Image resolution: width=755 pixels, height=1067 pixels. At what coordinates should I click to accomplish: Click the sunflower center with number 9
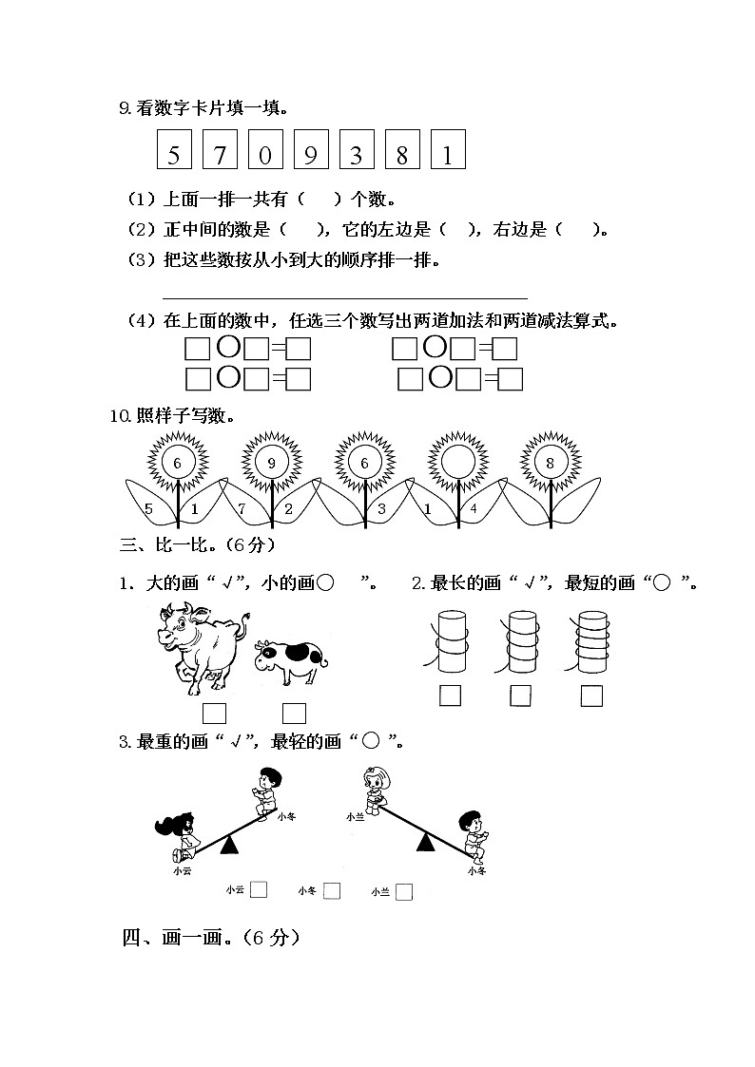272,463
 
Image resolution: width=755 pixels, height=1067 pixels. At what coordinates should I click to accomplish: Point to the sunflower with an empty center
456,463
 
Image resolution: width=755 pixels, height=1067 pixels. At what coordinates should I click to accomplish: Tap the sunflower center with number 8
550,463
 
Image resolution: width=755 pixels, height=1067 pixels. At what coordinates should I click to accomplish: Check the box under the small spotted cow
294,713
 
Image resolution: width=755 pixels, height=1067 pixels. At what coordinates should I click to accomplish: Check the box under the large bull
215,713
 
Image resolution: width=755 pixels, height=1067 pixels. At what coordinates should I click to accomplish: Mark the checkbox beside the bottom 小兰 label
404,891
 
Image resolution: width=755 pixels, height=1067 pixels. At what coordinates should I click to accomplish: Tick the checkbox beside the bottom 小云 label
259,890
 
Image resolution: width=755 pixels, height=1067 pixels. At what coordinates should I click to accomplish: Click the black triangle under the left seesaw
228,845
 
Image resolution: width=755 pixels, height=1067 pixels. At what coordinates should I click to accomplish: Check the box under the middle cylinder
519,696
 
